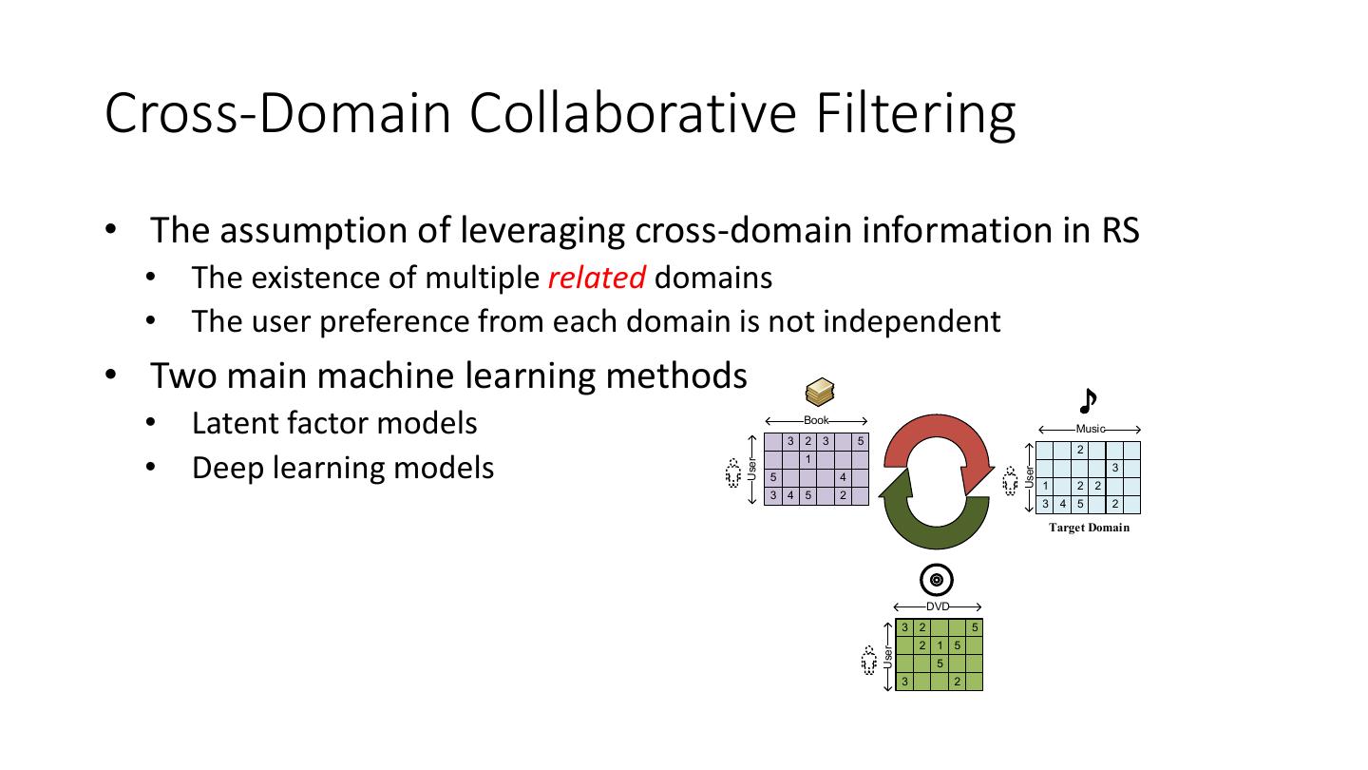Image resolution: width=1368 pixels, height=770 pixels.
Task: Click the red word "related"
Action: (597, 278)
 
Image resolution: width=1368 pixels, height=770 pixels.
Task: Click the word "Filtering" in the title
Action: (912, 112)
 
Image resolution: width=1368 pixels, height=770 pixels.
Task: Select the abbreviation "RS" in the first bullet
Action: (1119, 230)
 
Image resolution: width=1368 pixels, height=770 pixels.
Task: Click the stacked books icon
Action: (819, 392)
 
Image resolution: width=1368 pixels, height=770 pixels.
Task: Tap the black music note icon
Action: (1089, 401)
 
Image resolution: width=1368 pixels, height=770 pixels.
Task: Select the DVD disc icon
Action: (937, 580)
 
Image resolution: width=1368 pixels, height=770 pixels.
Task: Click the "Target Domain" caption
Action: (1089, 528)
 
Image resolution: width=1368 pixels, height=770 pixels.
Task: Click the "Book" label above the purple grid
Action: (816, 420)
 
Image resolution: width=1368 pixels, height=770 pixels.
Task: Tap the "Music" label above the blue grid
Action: (1089, 430)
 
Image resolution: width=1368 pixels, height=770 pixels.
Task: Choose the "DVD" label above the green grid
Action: (938, 606)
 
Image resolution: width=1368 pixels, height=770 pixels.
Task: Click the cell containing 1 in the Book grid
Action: (807, 459)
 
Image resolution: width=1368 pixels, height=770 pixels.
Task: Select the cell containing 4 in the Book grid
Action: (843, 477)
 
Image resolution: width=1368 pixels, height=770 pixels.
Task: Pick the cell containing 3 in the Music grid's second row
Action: (1114, 468)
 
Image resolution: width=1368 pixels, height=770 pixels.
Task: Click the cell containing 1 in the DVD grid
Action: (939, 646)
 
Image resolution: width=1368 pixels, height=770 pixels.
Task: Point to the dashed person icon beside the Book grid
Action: (732, 472)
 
